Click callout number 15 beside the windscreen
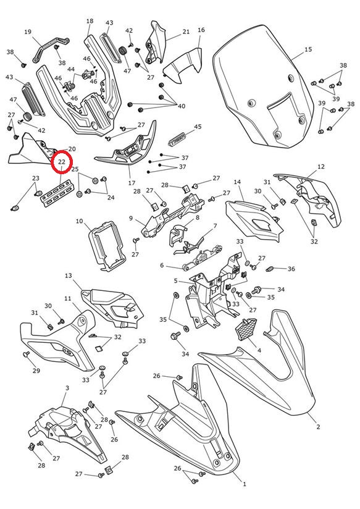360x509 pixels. [308, 49]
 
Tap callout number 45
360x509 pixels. [198, 126]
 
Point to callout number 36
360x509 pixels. [291, 269]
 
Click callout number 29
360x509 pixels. [36, 371]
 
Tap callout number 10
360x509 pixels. [79, 221]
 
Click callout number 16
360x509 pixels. [201, 30]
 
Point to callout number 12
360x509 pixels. [320, 167]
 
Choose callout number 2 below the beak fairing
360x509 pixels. [318, 427]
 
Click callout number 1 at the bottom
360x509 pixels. [245, 484]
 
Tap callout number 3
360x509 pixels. [67, 388]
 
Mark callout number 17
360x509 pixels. [132, 183]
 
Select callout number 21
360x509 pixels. [186, 32]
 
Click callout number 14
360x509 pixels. [237, 182]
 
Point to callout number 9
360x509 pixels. [131, 218]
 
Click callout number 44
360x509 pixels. [71, 69]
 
